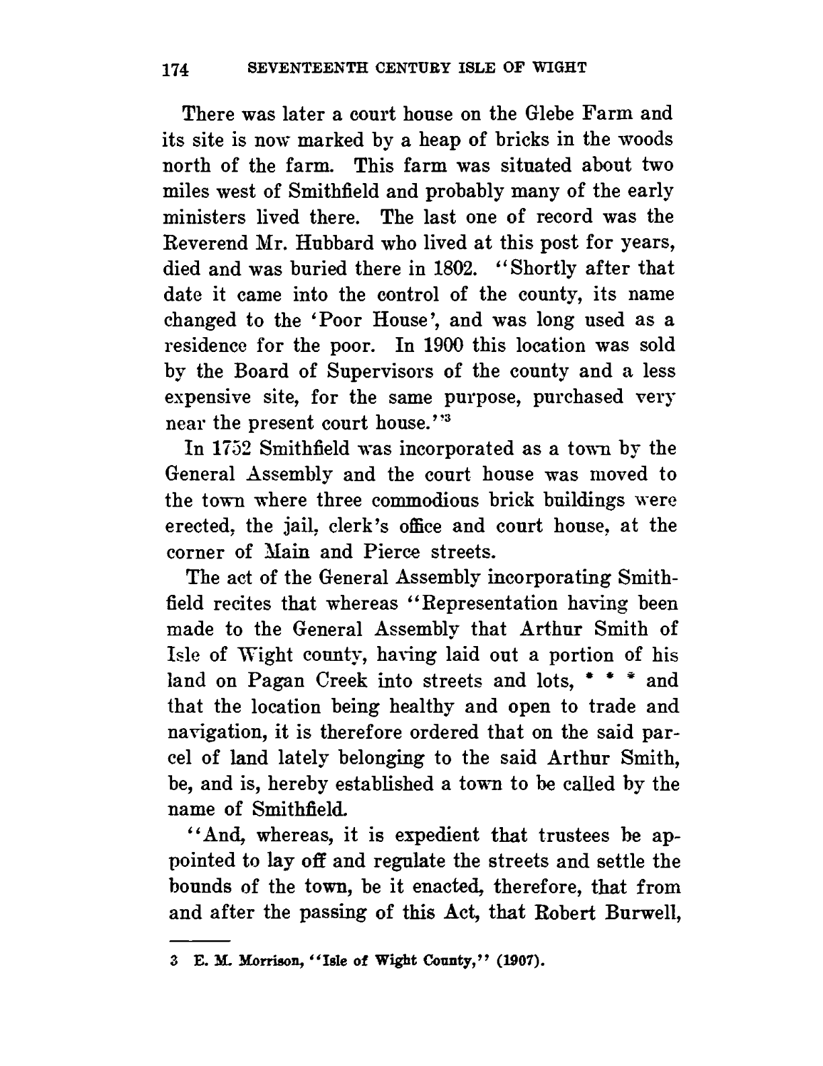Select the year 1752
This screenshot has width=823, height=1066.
pos(213,449)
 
